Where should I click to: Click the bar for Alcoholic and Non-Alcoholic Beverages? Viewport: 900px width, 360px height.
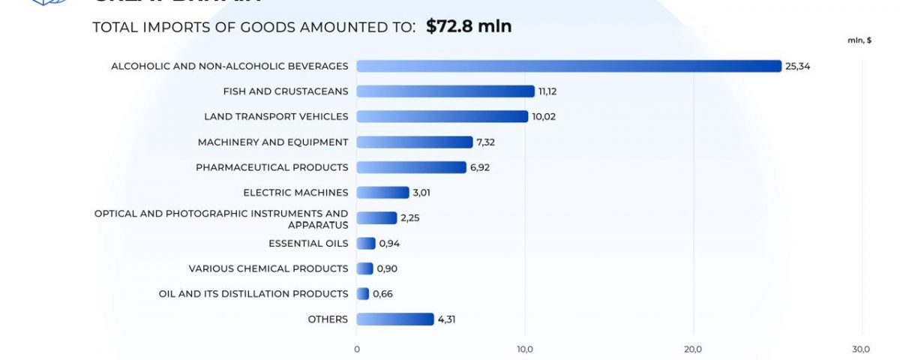(568, 66)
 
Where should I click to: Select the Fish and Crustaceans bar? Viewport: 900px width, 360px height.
(445, 91)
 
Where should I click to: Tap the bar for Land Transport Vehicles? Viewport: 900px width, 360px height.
(442, 116)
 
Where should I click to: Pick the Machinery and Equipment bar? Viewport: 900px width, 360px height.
(414, 142)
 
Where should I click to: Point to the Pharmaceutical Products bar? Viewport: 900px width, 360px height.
(411, 167)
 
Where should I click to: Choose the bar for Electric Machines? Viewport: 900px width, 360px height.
(382, 193)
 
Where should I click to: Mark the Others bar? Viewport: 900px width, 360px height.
(394, 319)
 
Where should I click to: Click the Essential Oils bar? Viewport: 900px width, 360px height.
(366, 243)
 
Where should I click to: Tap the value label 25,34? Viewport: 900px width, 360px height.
(798, 66)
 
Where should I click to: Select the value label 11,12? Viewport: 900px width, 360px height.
(547, 91)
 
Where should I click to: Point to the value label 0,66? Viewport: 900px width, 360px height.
(382, 294)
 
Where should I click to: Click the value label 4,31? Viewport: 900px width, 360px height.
(447, 319)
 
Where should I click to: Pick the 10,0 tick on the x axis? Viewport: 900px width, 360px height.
(525, 349)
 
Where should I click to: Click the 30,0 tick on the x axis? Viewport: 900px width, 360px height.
(861, 349)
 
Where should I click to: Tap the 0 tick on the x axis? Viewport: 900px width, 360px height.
(357, 349)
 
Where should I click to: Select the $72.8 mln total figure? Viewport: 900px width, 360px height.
(469, 27)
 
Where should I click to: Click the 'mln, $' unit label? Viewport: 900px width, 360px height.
(859, 40)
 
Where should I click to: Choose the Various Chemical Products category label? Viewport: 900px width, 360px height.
(268, 268)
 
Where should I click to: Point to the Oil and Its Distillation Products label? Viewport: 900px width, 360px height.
(253, 294)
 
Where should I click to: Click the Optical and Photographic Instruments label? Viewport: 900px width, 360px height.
(221, 218)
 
